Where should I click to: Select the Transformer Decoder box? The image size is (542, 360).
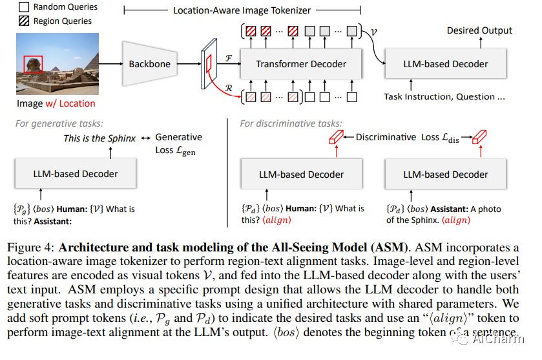(301, 64)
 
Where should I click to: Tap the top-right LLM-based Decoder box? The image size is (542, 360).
(445, 64)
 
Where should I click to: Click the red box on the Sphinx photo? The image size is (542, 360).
(33, 64)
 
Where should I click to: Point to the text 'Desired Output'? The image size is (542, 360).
(479, 30)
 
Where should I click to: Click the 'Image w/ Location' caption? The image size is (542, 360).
(56, 103)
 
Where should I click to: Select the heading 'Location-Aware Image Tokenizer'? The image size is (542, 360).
(242, 11)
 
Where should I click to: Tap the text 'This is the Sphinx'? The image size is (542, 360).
(99, 138)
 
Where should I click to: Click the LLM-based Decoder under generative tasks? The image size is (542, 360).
(76, 173)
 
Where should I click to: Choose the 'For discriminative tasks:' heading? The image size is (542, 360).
(291, 123)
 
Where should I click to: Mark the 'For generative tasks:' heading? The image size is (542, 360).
(60, 123)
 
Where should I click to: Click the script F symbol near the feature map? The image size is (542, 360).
(229, 57)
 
